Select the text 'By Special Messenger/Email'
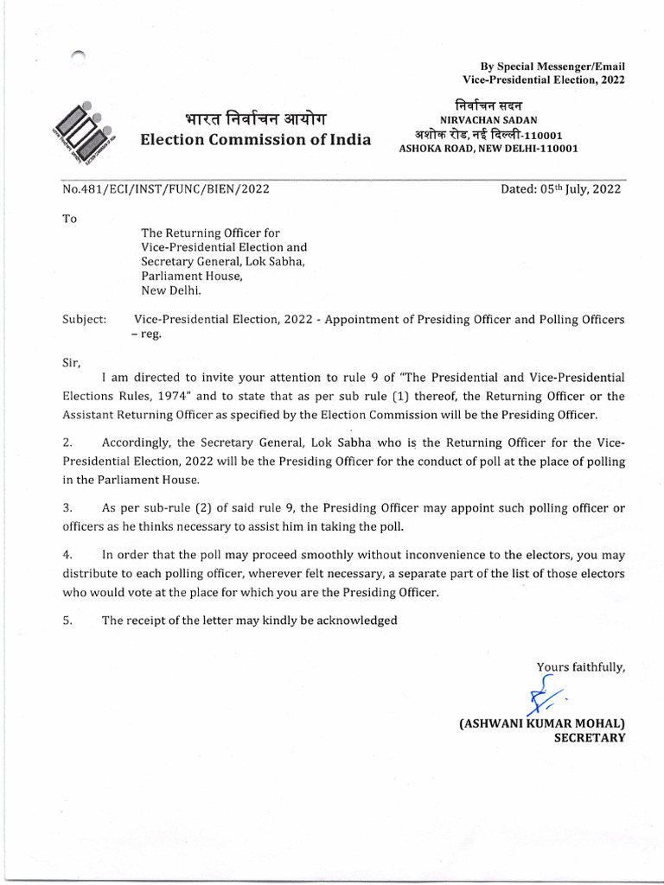[552, 67]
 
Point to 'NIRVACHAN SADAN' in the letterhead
[488, 121]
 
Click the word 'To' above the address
[70, 219]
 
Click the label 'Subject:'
[85, 319]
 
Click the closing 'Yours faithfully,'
[580, 666]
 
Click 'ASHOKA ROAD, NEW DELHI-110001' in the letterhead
[488, 149]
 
